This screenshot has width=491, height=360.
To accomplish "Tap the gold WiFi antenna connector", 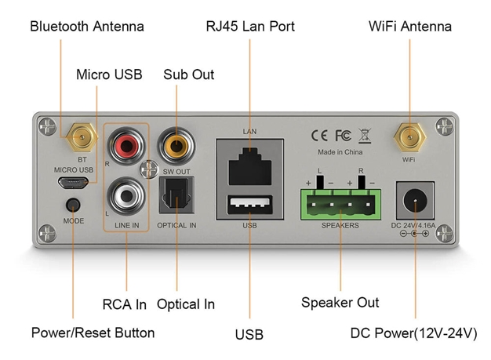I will pos(409,139).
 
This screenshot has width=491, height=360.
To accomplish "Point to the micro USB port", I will pos(75,182).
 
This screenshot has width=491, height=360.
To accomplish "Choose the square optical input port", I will pos(174,193).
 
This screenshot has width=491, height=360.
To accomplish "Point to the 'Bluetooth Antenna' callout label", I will pos(87,27).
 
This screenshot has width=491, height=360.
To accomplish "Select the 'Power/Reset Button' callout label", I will pos(93,333).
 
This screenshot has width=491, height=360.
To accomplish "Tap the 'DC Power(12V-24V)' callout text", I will pos(413,333).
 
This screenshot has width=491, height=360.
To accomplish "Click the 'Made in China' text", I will pos(340,151).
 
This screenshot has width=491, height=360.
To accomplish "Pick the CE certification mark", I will pos(320,134).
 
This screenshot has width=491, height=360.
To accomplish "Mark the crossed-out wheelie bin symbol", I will pos(364,134).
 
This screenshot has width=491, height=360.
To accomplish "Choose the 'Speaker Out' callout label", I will pos(340,303).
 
